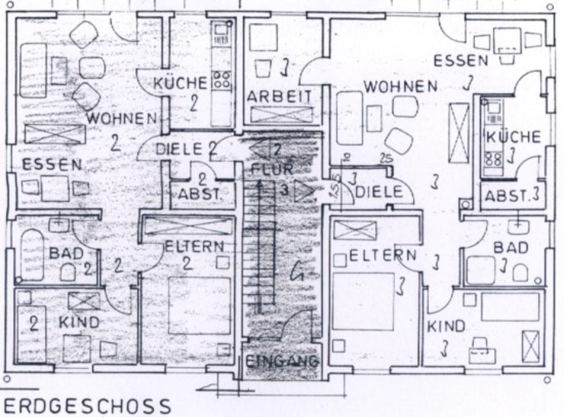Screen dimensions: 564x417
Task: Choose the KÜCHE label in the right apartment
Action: pyautogui.click(x=513, y=137)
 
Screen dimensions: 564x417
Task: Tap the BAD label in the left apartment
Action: pyautogui.click(x=66, y=254)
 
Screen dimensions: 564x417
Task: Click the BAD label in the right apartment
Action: pyautogui.click(x=510, y=247)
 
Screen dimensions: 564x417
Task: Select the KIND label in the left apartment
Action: pyautogui.click(x=79, y=322)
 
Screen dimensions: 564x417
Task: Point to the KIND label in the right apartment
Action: pyautogui.click(x=446, y=325)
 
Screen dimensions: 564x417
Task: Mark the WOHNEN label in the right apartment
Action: pyautogui.click(x=400, y=87)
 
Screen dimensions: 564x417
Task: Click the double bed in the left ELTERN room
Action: pyautogui.click(x=199, y=305)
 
